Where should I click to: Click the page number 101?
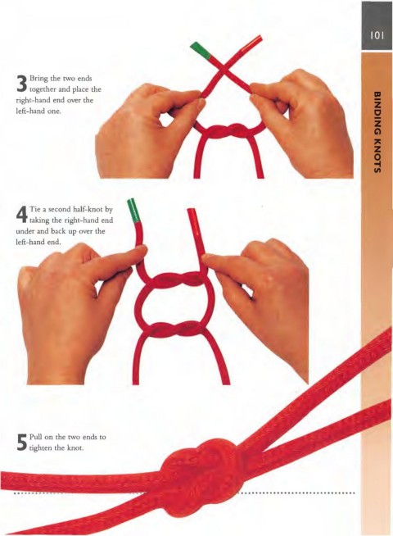377,35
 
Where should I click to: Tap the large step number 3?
21,84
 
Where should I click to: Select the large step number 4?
21,215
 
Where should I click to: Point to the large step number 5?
21,443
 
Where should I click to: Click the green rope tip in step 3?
201,50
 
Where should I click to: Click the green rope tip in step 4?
133,209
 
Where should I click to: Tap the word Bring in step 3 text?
38,79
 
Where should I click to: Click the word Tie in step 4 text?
34,209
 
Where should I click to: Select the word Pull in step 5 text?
35,437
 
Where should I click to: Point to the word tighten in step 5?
41,447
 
